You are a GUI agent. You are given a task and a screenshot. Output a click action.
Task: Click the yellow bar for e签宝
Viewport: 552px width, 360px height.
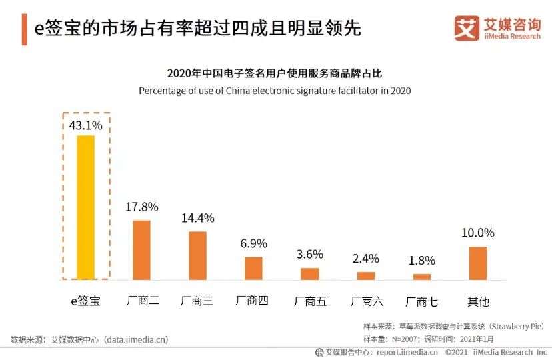tap(86, 207)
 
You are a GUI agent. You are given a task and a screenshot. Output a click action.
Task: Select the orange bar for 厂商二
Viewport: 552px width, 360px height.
tap(141, 249)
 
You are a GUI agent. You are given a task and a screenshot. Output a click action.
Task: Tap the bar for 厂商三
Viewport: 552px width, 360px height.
tap(197, 255)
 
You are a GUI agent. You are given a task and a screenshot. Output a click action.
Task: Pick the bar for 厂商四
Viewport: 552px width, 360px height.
tap(253, 268)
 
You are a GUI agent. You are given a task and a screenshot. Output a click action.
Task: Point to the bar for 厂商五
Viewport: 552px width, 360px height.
tap(310, 273)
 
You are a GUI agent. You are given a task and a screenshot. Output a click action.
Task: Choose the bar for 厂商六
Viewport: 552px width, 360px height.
tap(366, 275)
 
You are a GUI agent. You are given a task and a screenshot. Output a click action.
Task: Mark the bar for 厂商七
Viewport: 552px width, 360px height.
tap(422, 277)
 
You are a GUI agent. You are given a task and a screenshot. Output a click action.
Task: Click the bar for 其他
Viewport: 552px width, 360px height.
tap(478, 263)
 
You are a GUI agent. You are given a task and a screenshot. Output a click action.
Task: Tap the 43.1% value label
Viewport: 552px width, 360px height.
tap(85, 125)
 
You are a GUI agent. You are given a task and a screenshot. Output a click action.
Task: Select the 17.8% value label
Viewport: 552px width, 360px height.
tap(142, 207)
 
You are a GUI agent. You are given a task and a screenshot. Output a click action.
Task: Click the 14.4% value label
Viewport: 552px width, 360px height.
tap(198, 218)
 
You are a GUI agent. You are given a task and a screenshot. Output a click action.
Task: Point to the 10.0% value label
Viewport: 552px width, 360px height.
tap(478, 233)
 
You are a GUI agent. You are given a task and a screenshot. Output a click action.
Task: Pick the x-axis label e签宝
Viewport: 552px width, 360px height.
tap(85, 301)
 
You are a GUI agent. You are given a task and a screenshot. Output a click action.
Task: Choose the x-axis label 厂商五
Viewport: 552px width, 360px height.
tap(310, 301)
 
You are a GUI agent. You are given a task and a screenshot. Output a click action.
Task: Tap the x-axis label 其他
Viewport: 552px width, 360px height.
tap(478, 301)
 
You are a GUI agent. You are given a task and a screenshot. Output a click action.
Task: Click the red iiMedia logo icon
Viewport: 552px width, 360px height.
tap(467, 27)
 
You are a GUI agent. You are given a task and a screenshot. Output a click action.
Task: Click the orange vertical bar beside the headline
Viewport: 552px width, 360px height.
tap(25, 30)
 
